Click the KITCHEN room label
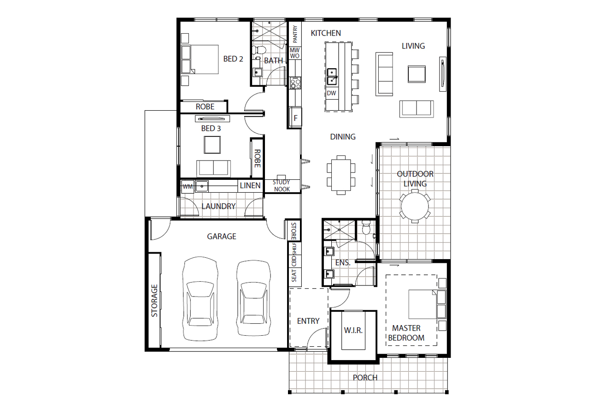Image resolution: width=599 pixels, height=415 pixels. (x=326, y=33)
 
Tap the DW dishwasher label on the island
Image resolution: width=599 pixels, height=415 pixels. (x=331, y=93)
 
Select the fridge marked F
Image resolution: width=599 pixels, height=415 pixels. (x=295, y=118)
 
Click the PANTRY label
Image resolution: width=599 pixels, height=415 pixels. (x=295, y=34)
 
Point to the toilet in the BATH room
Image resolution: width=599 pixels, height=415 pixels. (x=258, y=50)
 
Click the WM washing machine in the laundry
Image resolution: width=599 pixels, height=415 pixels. (x=188, y=186)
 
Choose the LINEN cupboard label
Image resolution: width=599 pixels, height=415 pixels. (x=250, y=185)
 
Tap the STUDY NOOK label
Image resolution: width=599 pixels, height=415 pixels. (x=282, y=186)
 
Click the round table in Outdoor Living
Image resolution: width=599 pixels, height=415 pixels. (x=415, y=206)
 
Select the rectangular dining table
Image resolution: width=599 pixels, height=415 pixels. (x=341, y=175)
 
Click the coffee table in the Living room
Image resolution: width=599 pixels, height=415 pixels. (x=417, y=74)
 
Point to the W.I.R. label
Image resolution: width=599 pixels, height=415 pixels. (x=353, y=331)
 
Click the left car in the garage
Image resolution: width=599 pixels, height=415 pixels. (x=200, y=299)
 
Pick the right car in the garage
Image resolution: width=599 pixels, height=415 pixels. (x=253, y=298)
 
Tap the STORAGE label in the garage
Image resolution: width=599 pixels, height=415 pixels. (x=154, y=301)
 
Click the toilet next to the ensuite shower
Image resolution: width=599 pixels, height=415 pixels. (x=365, y=228)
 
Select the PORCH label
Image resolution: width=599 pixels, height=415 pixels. (x=365, y=378)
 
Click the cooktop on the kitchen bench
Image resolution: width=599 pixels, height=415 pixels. (x=295, y=83)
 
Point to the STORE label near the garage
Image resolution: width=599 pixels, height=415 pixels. (x=294, y=231)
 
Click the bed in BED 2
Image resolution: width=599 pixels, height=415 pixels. (x=200, y=59)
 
